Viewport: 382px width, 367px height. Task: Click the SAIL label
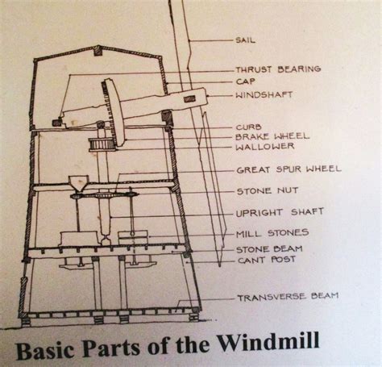[x=247, y=39]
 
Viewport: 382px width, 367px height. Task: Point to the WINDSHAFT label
[x=264, y=94]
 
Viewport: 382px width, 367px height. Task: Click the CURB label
[x=248, y=127]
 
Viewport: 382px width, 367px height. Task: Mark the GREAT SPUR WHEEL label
[x=289, y=169]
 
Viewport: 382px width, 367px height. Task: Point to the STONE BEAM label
[x=268, y=249]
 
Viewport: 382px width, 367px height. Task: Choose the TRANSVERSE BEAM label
[x=287, y=297]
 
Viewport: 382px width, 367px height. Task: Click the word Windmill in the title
[x=272, y=342]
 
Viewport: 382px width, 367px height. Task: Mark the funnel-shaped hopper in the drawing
[x=79, y=184]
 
